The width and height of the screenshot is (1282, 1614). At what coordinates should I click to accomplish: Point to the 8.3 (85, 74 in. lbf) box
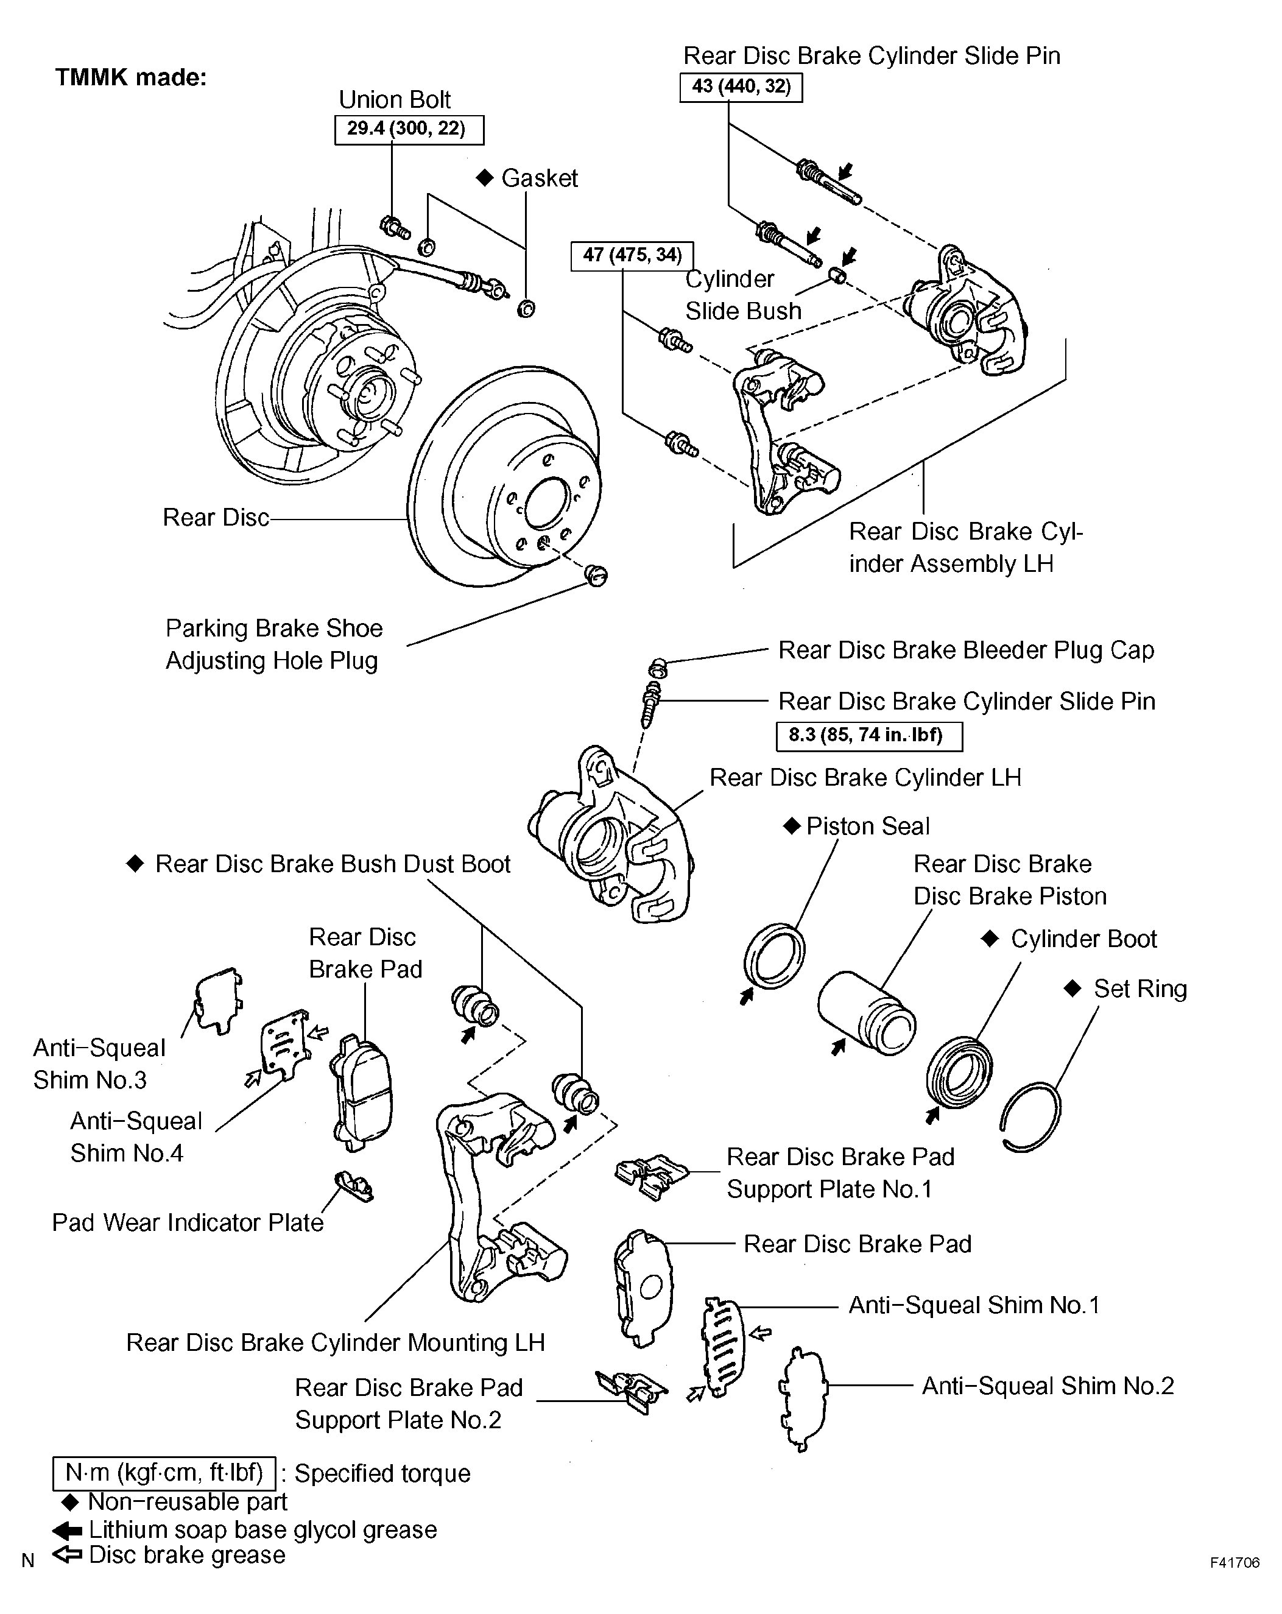(869, 736)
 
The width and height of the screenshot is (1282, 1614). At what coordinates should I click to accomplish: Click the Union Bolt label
(395, 99)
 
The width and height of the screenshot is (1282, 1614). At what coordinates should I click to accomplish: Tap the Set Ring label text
(1140, 989)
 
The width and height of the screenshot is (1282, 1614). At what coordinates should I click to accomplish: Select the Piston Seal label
(867, 826)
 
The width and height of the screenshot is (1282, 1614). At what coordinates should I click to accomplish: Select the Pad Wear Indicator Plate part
(354, 1186)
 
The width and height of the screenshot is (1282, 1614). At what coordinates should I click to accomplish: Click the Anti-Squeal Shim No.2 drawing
(802, 1400)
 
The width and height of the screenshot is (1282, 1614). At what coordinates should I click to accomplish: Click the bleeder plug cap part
(657, 664)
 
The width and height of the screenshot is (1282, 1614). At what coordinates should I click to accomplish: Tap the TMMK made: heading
(131, 78)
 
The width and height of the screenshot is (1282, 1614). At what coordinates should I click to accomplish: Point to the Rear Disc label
(216, 517)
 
